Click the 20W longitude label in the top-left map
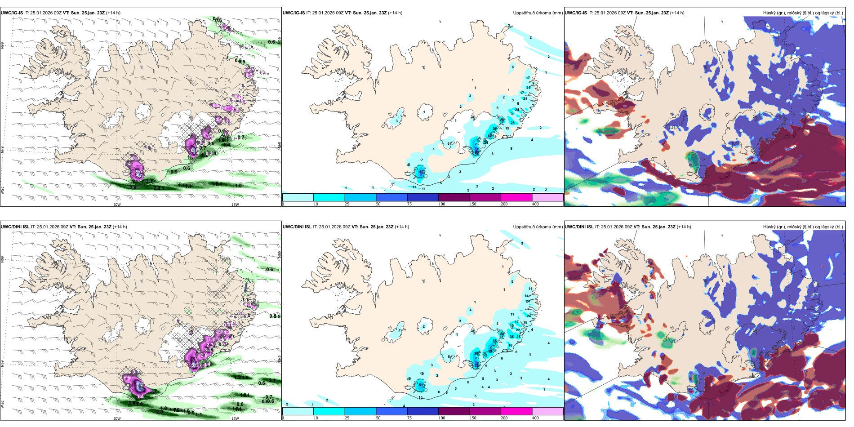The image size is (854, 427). tap(117, 205)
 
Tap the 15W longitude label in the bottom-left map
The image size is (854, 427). tap(235, 418)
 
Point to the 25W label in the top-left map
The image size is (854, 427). tap(2, 190)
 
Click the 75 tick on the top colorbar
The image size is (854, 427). tap(409, 204)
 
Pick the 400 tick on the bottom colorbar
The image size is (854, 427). tap(535, 418)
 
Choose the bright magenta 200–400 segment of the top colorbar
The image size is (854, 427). tap(516, 197)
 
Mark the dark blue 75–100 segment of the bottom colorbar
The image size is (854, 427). tap(423, 411)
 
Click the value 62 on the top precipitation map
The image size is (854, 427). tap(421, 172)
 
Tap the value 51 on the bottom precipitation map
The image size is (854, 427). tap(421, 385)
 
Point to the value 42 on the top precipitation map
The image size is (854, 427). tap(490, 135)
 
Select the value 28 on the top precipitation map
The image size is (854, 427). tap(512, 123)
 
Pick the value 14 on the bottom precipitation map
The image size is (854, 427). tap(527, 296)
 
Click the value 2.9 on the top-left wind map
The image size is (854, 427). tap(133, 187)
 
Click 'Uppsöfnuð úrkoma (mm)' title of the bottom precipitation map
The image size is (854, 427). tap(538, 227)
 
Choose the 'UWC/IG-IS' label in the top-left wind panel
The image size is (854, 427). tap(12, 13)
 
